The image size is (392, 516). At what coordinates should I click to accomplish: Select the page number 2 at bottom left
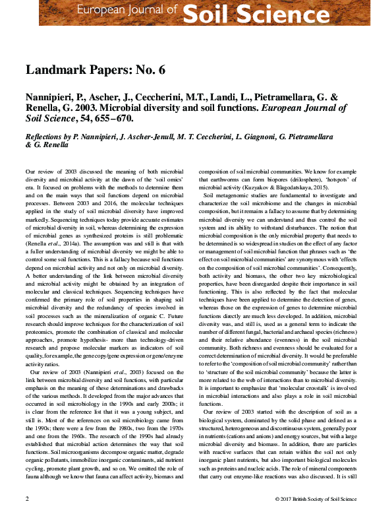click(27, 498)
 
